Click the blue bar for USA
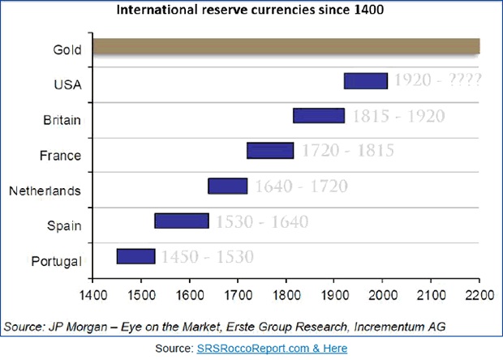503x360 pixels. click(366, 80)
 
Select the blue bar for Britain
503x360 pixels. click(319, 115)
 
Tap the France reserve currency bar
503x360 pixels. click(270, 150)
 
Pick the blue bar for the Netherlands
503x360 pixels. click(227, 186)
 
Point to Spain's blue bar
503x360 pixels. click(182, 221)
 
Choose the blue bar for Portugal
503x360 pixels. click(135, 256)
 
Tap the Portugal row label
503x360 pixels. click(55, 261)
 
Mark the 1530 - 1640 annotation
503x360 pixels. click(258, 221)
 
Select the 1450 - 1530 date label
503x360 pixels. click(206, 257)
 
